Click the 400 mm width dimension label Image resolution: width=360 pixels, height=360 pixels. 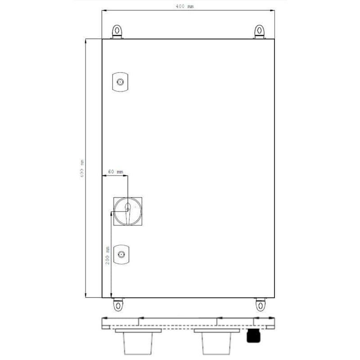(184, 6)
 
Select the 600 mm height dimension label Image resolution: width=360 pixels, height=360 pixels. (82, 169)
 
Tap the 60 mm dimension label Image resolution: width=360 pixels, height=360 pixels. (116, 171)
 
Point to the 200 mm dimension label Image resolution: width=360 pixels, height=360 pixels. (108, 255)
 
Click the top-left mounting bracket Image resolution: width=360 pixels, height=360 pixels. (117, 31)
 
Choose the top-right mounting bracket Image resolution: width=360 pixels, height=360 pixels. (260, 31)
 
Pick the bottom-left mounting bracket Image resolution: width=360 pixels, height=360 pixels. (118, 305)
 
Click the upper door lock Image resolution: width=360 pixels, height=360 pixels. (120, 82)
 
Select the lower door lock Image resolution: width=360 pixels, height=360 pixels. (121, 254)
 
